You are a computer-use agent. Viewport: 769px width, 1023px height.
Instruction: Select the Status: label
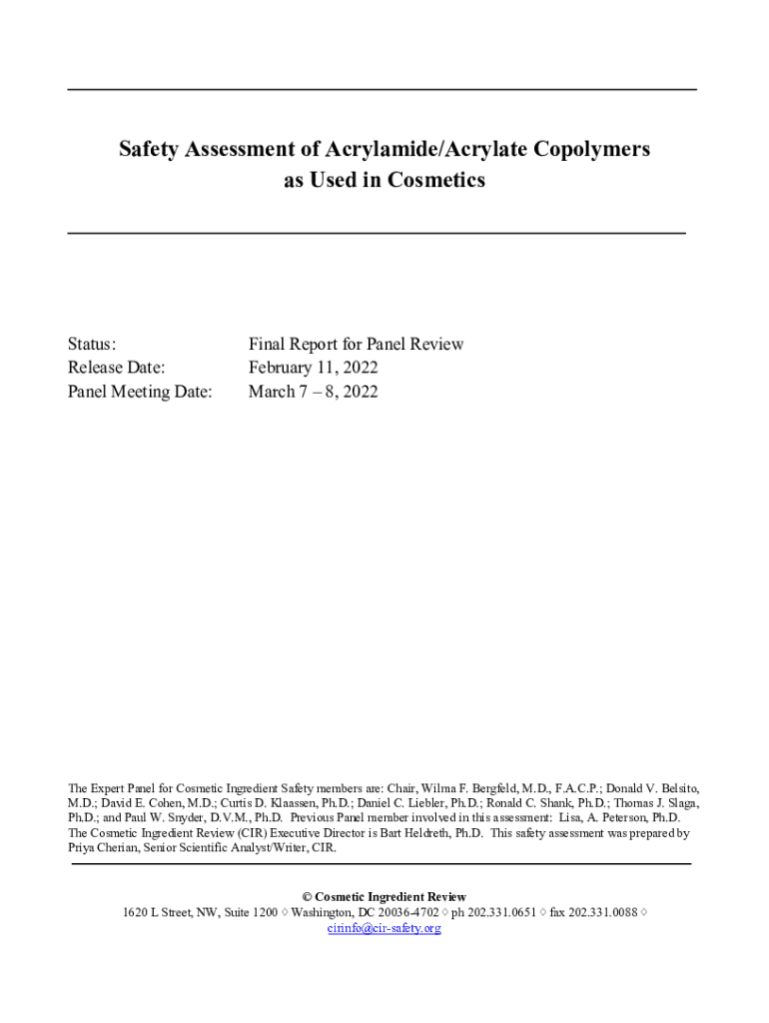coord(92,344)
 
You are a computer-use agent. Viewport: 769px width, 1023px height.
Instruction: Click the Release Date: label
coord(116,368)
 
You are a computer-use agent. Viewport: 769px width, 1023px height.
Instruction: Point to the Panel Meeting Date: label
coord(140,392)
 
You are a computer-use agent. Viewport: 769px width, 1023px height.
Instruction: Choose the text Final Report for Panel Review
coord(356,344)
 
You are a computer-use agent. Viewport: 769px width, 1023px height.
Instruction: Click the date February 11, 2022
coord(313,368)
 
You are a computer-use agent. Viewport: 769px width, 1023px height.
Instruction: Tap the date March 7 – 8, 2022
coord(313,392)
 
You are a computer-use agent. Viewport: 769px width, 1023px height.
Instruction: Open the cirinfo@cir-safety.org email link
coord(384,928)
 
